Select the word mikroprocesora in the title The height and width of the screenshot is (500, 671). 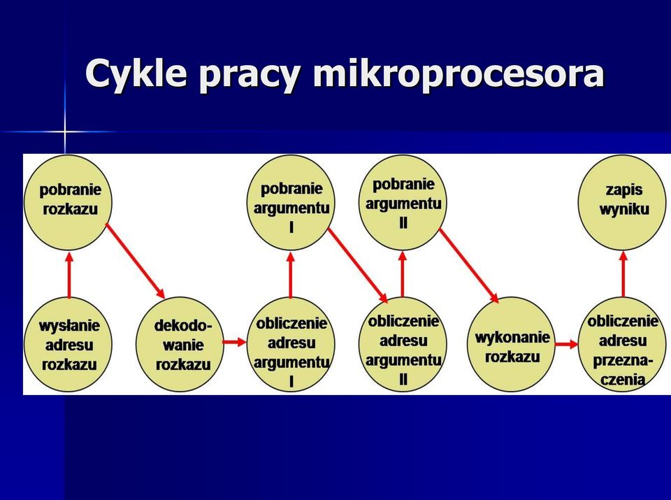(459, 73)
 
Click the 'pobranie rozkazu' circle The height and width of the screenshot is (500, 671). (68, 203)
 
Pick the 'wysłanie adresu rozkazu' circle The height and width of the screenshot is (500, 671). (68, 344)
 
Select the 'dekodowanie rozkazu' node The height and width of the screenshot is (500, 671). (180, 344)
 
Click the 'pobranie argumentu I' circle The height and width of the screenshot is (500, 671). (291, 203)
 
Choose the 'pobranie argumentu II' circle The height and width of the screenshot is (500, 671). (403, 203)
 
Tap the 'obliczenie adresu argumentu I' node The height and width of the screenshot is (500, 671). (291, 344)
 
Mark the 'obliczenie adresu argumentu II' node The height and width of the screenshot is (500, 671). (403, 344)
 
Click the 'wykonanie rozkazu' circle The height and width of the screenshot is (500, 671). (512, 344)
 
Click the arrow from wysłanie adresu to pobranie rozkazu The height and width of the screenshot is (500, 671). (69, 274)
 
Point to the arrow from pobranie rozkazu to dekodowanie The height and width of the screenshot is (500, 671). (135, 261)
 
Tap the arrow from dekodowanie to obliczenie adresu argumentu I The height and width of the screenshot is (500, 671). (235, 342)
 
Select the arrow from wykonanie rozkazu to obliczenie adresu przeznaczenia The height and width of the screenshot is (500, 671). (566, 344)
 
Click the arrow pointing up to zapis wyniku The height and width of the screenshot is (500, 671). (623, 274)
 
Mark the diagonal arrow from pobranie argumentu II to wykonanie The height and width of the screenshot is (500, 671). (469, 266)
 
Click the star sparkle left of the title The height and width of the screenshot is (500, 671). (64, 131)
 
